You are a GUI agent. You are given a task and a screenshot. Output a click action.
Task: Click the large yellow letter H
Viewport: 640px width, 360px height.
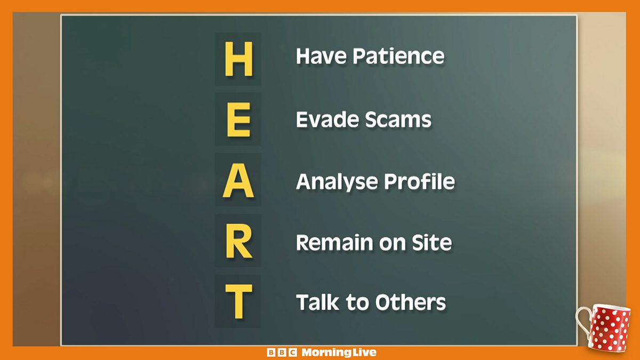click(239, 59)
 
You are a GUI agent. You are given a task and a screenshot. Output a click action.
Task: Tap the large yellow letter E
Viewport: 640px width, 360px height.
click(239, 119)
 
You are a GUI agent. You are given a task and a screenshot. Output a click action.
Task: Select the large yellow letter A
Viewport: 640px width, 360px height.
click(238, 180)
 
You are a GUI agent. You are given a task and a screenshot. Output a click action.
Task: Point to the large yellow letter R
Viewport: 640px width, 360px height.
click(239, 241)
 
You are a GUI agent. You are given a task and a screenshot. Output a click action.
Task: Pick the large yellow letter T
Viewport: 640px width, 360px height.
click(239, 301)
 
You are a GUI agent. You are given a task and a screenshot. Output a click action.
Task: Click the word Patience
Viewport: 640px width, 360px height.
click(398, 56)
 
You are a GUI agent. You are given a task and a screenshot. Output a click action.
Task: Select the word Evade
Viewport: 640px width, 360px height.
click(327, 119)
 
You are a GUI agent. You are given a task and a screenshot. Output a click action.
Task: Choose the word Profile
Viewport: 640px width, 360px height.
click(419, 181)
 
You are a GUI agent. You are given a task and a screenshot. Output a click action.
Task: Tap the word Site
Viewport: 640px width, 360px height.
click(431, 243)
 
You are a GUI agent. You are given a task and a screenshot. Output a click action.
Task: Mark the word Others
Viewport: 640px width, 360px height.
click(411, 302)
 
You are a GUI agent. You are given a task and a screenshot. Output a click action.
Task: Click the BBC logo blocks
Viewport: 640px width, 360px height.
click(282, 353)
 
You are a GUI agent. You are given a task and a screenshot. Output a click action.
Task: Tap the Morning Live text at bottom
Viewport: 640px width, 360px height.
click(339, 353)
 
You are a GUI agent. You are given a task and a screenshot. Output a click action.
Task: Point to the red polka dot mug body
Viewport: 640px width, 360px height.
click(610, 327)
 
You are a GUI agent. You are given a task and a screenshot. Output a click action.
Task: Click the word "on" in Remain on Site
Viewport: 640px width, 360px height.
click(392, 245)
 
